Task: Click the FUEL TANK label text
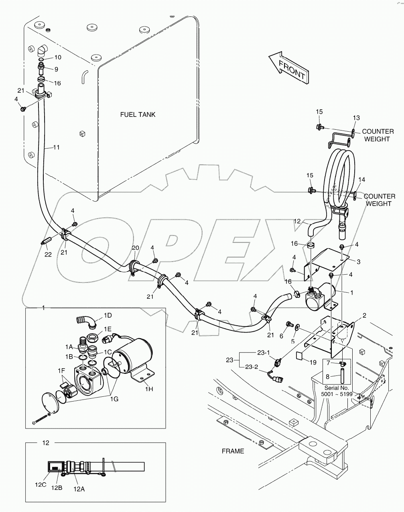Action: [x=138, y=115]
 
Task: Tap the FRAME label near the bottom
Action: [x=233, y=451]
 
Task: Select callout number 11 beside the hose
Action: [x=56, y=147]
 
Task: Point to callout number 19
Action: [x=313, y=362]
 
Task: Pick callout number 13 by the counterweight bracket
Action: [x=356, y=118]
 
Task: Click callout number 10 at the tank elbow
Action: [x=58, y=57]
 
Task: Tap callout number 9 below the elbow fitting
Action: [x=56, y=69]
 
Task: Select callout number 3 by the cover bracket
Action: [x=358, y=262]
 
